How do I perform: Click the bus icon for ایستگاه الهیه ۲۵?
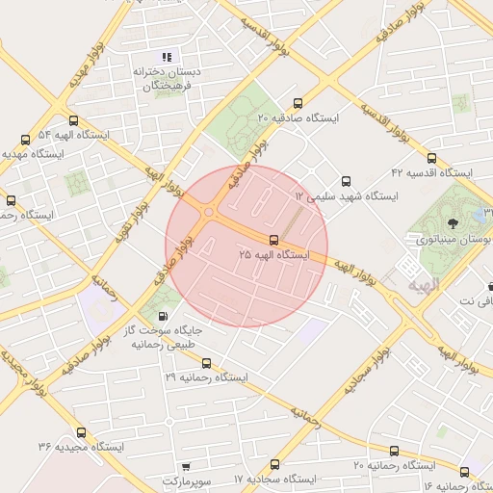274,240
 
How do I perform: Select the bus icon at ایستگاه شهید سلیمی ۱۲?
347,181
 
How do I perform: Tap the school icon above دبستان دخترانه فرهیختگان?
169,57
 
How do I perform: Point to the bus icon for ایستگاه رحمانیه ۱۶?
465,472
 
